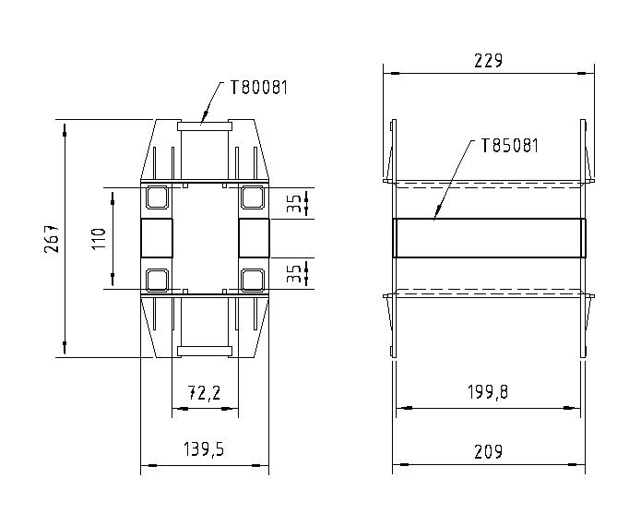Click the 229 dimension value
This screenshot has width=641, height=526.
pos(487,61)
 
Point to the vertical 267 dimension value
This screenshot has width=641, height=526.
pos(53,238)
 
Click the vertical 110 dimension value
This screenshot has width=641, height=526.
pos(100,238)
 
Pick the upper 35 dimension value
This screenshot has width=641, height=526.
pos(292,204)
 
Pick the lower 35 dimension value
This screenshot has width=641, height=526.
pos(292,273)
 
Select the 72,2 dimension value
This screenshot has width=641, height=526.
pos(204,393)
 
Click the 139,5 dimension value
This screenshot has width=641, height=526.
pos(204,450)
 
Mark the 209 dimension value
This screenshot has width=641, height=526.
pos(489,451)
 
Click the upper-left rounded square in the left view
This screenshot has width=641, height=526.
pos(156,197)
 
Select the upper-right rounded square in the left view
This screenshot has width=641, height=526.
pos(252,197)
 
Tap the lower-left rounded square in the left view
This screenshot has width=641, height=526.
pos(156,278)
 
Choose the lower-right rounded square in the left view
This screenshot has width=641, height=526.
pos(252,278)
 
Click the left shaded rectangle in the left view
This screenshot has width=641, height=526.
pos(156,238)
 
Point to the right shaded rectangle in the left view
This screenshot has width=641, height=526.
pos(253,238)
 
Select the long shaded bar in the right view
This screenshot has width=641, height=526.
pos(489,238)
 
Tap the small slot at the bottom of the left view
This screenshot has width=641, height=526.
pos(204,350)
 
